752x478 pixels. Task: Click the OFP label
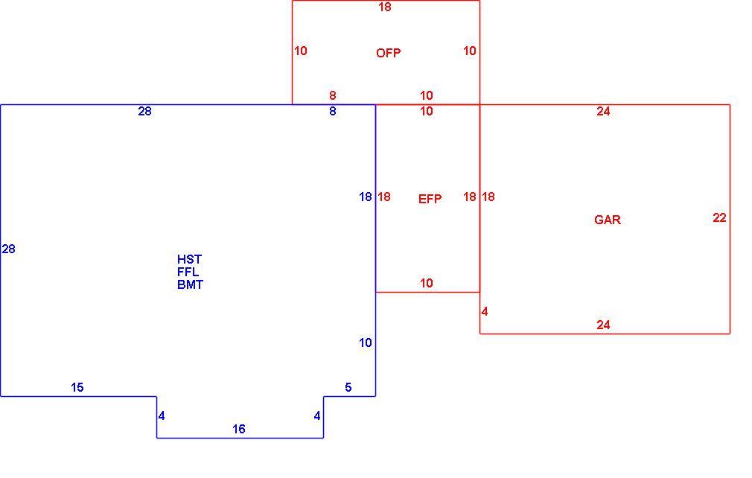coord(388,53)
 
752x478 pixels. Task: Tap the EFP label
coord(430,199)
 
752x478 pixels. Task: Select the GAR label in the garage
coord(607,220)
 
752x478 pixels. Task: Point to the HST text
coord(189,259)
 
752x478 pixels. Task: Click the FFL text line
coord(188,272)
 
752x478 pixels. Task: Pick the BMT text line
coord(190,284)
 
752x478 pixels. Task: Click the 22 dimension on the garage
coord(719,217)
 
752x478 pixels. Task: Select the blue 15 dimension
coord(77,387)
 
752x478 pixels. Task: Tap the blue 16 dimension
coord(239,429)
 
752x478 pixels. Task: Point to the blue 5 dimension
coord(348,387)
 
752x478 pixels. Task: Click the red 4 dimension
coord(485,312)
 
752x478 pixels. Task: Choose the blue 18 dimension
coord(366,197)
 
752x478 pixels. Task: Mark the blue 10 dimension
coord(366,342)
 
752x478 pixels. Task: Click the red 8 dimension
coord(333,95)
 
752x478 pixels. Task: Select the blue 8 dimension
coord(333,111)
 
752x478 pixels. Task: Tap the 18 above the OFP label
coord(385,7)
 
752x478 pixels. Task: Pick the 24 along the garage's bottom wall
coord(603,325)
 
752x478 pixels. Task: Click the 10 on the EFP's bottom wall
coord(427,284)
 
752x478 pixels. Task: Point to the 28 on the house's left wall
coord(9,249)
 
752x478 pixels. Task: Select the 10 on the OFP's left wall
coord(301,51)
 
